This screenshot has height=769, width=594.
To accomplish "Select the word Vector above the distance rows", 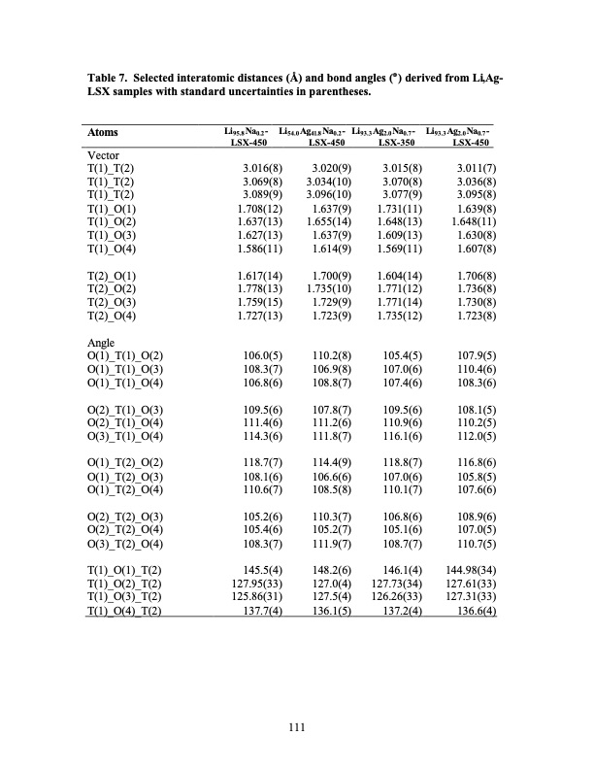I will [x=104, y=154].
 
